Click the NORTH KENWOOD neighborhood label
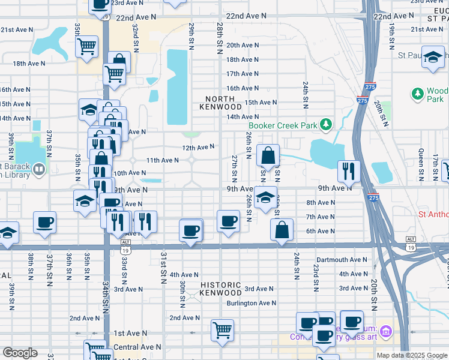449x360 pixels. point(223,103)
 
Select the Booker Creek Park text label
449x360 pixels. point(283,125)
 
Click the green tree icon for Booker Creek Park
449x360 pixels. point(326,125)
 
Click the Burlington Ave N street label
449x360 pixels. point(250,303)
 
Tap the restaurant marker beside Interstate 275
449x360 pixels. point(348,170)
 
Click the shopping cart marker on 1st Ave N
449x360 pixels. point(222,329)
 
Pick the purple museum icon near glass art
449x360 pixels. point(386,331)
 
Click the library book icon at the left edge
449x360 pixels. point(39,169)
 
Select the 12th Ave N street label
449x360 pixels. point(198,147)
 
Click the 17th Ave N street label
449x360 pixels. point(242,74)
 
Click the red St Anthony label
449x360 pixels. point(433,214)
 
